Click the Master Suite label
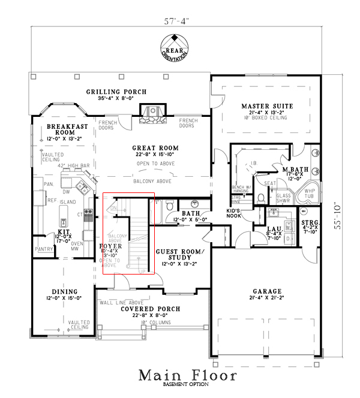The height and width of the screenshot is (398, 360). point(267,105)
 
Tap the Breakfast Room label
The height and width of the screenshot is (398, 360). point(68,129)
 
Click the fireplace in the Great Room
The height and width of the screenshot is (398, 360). point(151,114)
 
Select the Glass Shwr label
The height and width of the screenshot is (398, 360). point(284,198)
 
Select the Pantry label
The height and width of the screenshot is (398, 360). point(44,248)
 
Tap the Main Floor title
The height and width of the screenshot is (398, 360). point(187,375)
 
